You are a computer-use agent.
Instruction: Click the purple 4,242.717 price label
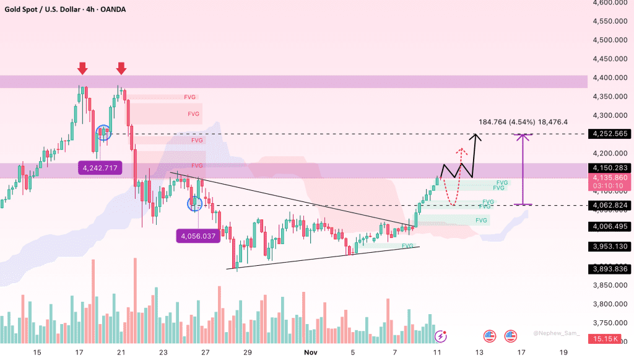pyautogui.click(x=99, y=167)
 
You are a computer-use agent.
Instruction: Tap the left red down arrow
pyautogui.click(x=82, y=68)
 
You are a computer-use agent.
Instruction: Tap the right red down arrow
pyautogui.click(x=121, y=68)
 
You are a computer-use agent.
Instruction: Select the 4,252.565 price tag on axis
pyautogui.click(x=610, y=134)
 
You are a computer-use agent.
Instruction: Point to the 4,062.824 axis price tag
pyautogui.click(x=610, y=205)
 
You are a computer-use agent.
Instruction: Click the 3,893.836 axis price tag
pyautogui.click(x=610, y=268)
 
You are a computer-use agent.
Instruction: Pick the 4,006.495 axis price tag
pyautogui.click(x=610, y=227)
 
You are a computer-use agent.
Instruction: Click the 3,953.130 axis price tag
pyautogui.click(x=610, y=247)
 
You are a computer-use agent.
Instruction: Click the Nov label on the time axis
pyautogui.click(x=311, y=353)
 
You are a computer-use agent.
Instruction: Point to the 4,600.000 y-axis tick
pyautogui.click(x=610, y=2)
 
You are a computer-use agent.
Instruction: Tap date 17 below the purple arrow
pyautogui.click(x=521, y=353)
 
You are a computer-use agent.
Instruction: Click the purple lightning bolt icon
pyautogui.click(x=441, y=336)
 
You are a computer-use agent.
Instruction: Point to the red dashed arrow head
pyautogui.click(x=460, y=150)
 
